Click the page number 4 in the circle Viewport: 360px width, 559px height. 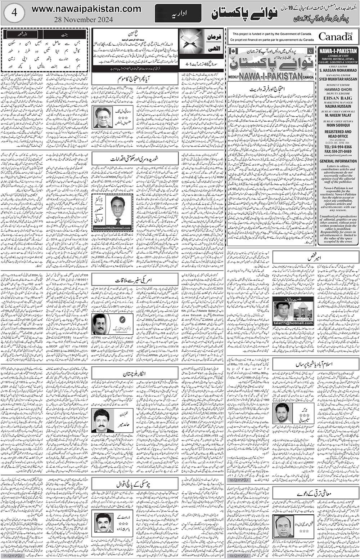point(14,13)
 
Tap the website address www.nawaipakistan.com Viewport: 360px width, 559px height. point(86,9)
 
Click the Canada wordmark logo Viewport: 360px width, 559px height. point(335,36)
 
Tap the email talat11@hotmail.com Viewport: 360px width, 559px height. point(293,323)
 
